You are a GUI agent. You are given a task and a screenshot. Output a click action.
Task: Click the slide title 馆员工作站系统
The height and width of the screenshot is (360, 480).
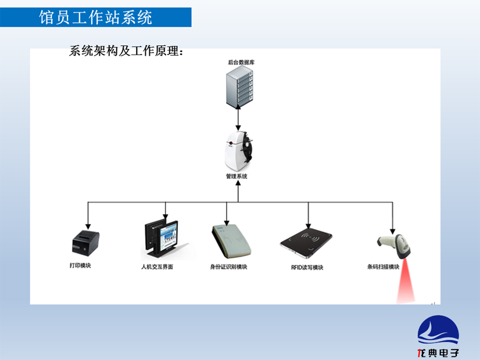click(96, 17)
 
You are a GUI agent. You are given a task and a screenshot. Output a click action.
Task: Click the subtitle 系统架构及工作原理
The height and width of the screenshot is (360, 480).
click(126, 51)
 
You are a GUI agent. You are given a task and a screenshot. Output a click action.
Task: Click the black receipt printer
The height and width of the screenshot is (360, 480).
click(85, 243)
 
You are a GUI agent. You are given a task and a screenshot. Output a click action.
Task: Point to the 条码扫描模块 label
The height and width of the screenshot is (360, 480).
click(384, 267)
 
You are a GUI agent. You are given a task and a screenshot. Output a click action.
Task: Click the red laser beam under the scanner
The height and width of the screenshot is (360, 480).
click(404, 287)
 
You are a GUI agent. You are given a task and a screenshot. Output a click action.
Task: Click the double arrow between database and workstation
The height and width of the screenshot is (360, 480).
click(238, 120)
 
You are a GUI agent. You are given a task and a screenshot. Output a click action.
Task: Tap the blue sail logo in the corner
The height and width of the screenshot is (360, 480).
click(438, 331)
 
